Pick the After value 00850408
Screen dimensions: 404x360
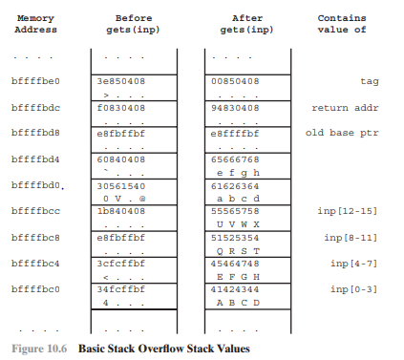234,81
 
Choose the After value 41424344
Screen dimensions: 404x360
234,287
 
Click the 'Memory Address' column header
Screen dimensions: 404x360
35,23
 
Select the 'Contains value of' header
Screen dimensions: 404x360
341,23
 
